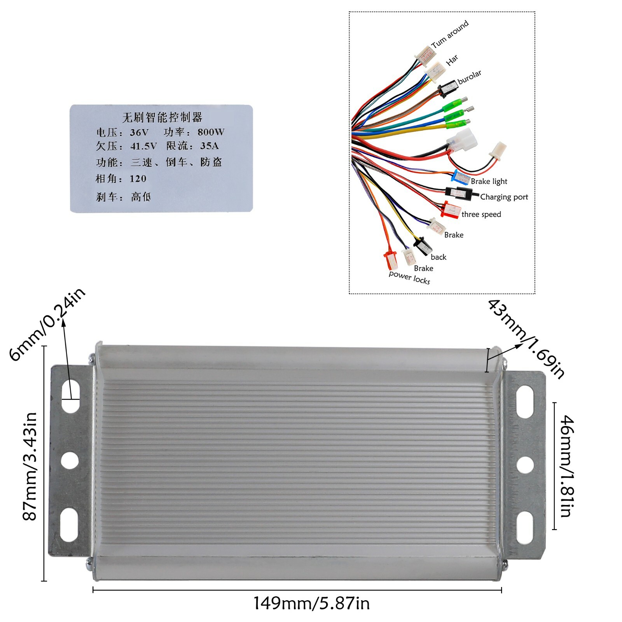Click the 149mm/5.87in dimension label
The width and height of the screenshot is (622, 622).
(x=311, y=604)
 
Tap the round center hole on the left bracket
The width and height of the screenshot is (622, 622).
(x=70, y=460)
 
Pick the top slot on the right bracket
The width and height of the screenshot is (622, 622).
(x=525, y=402)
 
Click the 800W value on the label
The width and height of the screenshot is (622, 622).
(x=211, y=132)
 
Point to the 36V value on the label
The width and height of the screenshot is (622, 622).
(x=139, y=133)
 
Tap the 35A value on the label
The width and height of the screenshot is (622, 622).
(x=209, y=146)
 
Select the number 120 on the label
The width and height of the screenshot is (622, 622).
(x=138, y=179)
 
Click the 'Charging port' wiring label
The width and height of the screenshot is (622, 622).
(x=504, y=197)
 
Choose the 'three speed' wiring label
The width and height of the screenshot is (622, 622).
(x=481, y=215)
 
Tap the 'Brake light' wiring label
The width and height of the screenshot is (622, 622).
(x=489, y=182)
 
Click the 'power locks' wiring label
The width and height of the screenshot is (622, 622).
(x=409, y=278)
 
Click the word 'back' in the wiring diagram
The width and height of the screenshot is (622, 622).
(x=439, y=257)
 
